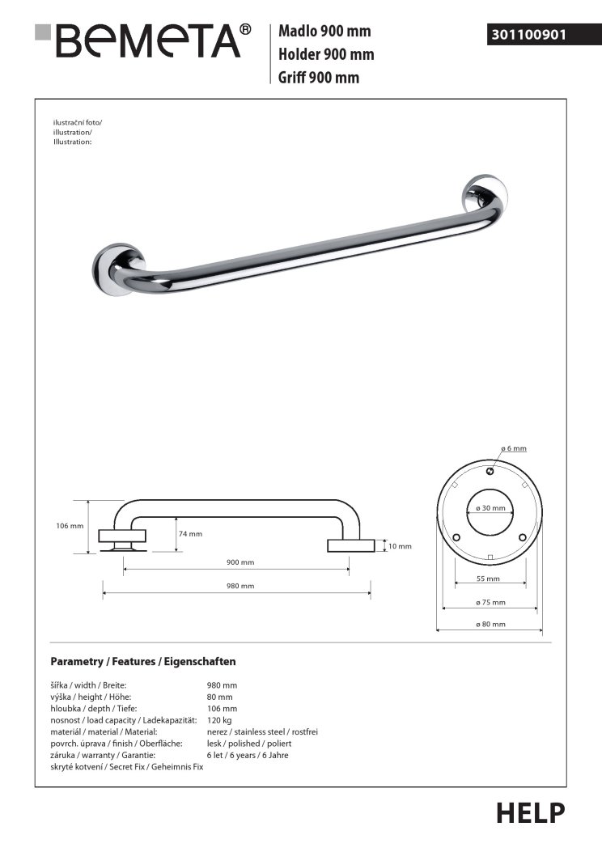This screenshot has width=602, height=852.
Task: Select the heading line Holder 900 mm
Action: tap(325, 54)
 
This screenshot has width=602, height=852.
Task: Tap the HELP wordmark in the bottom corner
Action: tap(530, 812)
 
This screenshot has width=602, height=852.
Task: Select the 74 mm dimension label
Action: tap(190, 534)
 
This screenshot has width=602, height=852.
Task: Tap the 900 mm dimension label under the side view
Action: tap(240, 562)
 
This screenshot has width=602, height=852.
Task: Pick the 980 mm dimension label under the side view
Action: tap(240, 586)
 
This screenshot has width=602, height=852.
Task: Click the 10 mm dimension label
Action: tap(400, 546)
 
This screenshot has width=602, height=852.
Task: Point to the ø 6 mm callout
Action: tap(513, 448)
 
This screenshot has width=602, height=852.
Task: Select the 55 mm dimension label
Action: tap(488, 579)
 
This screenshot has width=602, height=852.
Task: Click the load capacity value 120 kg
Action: tap(220, 719)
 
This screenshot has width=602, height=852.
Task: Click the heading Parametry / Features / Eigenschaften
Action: tap(142, 661)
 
